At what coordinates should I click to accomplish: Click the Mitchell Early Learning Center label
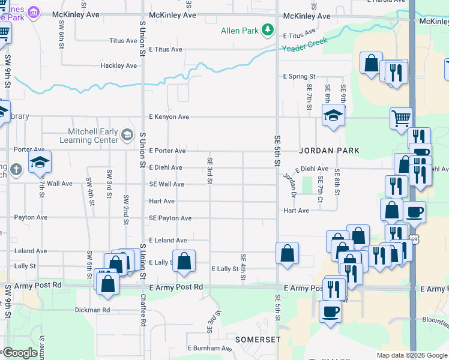[x=89, y=136]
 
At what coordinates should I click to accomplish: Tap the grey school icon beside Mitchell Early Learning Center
[x=127, y=135]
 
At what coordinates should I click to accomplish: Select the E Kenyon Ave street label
[x=169, y=117]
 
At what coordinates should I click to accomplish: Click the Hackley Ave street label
[x=118, y=65]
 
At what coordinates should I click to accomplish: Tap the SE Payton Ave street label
[x=170, y=218]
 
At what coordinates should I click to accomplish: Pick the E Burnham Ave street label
[x=209, y=348]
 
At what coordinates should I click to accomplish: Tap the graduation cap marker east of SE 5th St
[x=333, y=115]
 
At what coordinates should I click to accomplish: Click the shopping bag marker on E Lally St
[x=184, y=262]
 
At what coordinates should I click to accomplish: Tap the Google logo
[x=20, y=353]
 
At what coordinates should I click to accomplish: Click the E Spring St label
[x=299, y=77]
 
